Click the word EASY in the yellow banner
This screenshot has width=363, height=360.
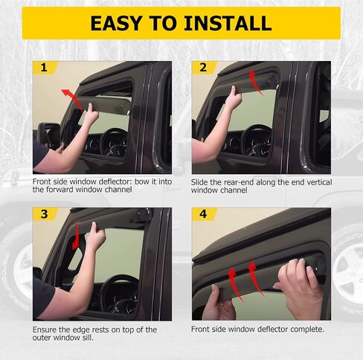click(116, 23)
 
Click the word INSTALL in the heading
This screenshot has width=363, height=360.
click(228, 23)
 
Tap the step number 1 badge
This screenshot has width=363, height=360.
click(44, 68)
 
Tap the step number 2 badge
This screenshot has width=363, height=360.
click(203, 68)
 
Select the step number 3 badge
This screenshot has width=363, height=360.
click(44, 214)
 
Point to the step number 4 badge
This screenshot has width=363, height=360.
click(203, 214)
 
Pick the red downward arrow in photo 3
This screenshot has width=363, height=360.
click(77, 236)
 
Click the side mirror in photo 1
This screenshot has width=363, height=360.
click(49, 135)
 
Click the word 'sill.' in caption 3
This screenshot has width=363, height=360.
click(88, 338)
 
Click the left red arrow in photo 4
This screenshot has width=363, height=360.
click(236, 285)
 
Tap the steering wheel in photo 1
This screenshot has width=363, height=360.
click(115, 143)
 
